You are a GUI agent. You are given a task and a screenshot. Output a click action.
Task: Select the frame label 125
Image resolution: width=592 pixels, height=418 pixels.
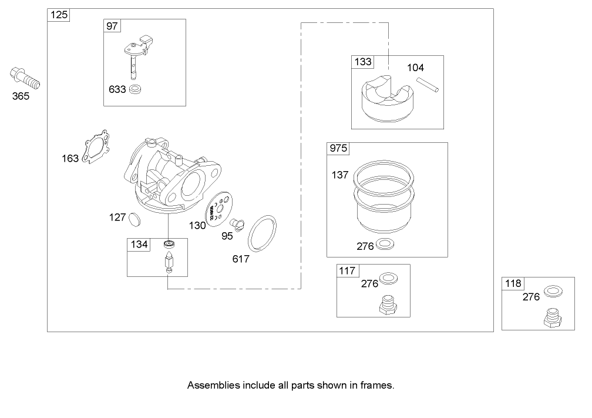click(x=59, y=15)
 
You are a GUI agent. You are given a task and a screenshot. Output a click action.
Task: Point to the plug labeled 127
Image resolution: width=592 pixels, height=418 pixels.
click(x=135, y=219)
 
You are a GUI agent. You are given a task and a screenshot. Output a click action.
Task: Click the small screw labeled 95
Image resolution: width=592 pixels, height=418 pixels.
click(x=238, y=223)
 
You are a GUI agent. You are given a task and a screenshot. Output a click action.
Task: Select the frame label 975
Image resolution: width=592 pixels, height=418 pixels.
click(x=338, y=149)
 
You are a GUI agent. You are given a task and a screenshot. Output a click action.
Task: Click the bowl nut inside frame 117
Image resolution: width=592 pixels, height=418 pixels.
click(x=388, y=305)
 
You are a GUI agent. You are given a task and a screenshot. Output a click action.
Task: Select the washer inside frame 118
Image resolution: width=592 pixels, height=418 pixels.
click(x=551, y=291)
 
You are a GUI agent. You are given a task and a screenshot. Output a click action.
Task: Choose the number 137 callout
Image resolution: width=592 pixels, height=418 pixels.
click(x=339, y=175)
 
